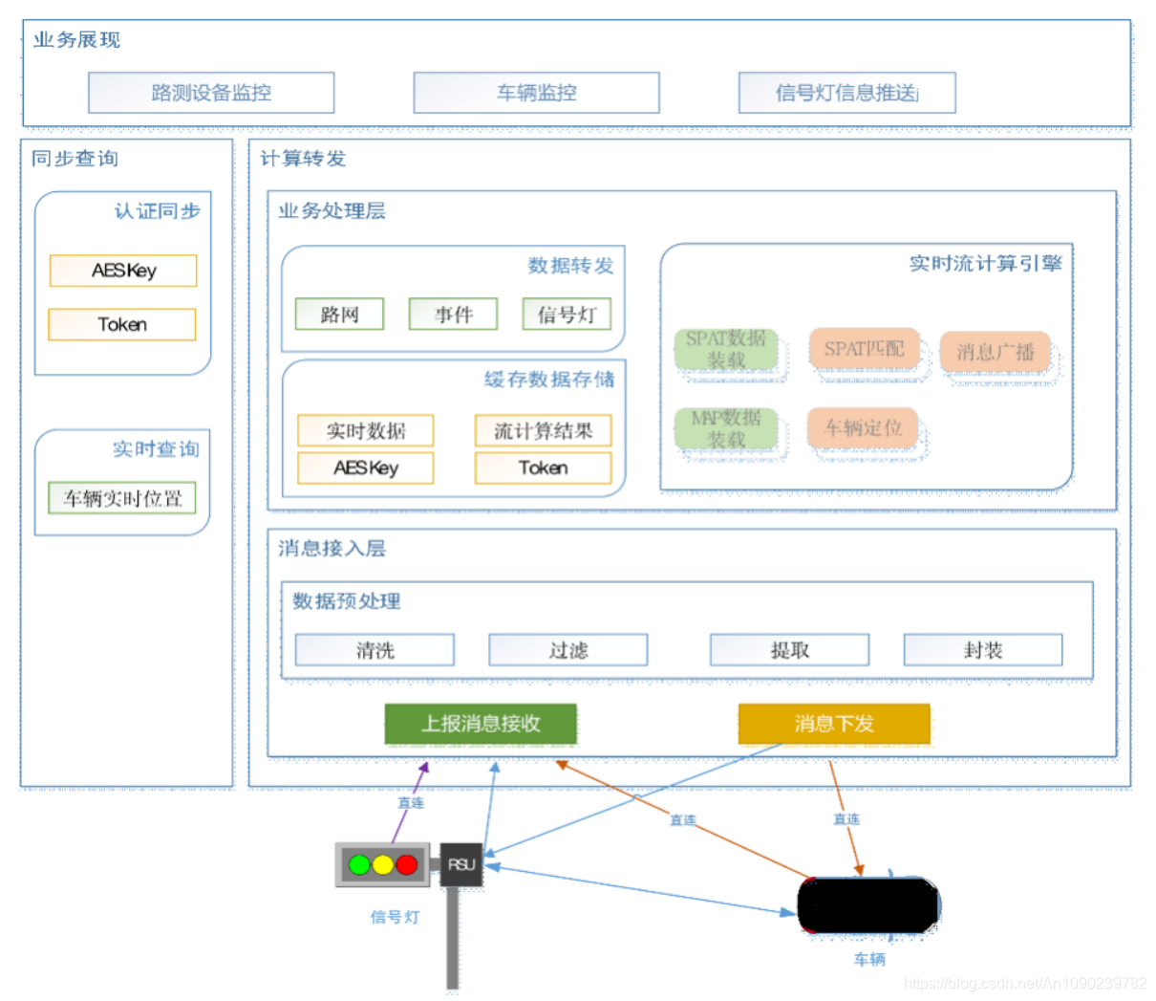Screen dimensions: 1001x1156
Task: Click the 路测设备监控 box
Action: [x=211, y=93]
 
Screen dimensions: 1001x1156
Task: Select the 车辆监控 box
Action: [x=536, y=93]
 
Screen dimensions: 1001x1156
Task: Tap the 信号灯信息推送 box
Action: [x=846, y=93]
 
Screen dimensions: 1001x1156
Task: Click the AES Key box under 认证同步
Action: [x=123, y=271]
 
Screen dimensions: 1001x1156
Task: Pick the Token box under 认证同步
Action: [x=122, y=324]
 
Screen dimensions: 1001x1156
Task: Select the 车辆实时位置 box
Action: [x=122, y=498]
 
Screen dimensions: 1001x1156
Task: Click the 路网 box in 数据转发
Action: [x=339, y=315]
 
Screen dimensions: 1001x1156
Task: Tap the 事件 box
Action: [x=453, y=315]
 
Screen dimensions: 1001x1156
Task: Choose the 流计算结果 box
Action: [x=543, y=431]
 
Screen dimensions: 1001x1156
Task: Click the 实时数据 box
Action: [x=366, y=431]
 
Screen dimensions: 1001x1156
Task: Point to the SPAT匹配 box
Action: [x=864, y=349]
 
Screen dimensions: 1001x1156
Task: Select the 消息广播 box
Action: [x=995, y=352]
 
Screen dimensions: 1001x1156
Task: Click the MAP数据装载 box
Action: [x=726, y=428]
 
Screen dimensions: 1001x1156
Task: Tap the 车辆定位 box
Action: [x=863, y=427]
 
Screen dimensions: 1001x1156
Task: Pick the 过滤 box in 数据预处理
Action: [x=568, y=650]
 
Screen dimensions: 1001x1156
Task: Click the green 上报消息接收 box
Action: [x=481, y=724]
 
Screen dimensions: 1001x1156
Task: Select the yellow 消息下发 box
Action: [x=834, y=724]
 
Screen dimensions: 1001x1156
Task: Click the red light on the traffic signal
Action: [x=407, y=865]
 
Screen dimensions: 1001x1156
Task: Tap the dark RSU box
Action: [x=461, y=864]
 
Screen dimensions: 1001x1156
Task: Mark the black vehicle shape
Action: [x=867, y=904]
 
